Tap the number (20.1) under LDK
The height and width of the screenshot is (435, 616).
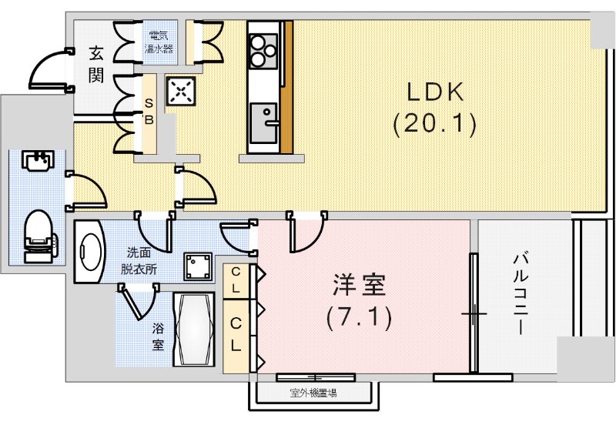point(434,123)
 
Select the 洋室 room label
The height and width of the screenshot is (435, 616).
point(359,286)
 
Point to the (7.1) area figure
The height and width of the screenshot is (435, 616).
point(359,316)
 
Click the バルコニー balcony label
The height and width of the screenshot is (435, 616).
point(520,293)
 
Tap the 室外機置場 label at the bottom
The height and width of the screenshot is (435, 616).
point(313,393)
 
